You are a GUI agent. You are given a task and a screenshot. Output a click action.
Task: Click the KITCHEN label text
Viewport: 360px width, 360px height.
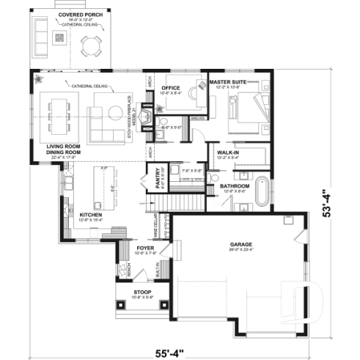click(x=93, y=214)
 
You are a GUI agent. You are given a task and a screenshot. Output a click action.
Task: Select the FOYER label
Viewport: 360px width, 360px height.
click(x=144, y=249)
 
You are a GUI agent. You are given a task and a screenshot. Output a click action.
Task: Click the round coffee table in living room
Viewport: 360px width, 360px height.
click(x=115, y=111)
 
